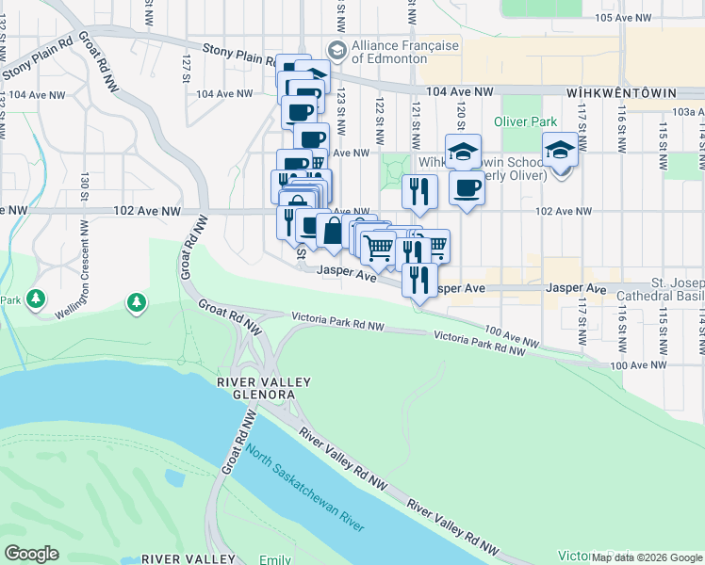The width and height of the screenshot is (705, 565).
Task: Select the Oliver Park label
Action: (x=525, y=121)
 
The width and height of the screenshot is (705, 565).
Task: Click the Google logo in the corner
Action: (x=31, y=554)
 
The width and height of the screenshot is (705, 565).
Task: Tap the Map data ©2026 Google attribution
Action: (x=647, y=557)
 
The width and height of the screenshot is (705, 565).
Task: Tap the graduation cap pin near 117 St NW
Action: (x=560, y=151)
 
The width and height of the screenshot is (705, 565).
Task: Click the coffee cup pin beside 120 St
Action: (x=467, y=188)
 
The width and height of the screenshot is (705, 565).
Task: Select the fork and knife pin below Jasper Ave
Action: (x=419, y=279)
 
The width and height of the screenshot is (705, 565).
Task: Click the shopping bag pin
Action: (x=334, y=230)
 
